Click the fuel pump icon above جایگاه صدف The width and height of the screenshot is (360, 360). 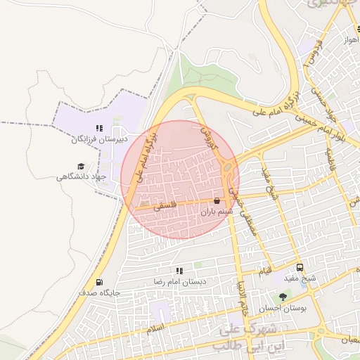coord(99,282)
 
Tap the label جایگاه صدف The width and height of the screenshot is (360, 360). coord(100,292)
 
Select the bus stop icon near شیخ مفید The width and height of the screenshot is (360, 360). coord(300,268)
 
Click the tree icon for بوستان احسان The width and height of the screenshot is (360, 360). coord(283,297)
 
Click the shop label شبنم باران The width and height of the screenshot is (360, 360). coord(217,211)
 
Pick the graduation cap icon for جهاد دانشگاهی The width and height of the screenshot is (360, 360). coord(81,167)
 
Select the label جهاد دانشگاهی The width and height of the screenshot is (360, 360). coord(81,176)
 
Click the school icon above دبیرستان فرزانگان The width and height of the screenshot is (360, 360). coord(99,128)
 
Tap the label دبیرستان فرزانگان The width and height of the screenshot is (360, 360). coord(98,139)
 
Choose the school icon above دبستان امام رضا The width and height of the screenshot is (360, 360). coord(180,270)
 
